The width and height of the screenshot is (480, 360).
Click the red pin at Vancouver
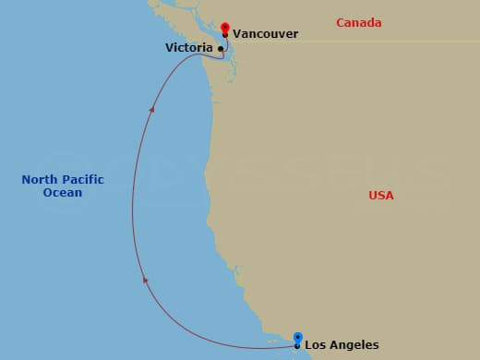point(225,27)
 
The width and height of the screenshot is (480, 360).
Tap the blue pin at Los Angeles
point(297,338)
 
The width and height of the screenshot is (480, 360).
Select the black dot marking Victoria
point(220,48)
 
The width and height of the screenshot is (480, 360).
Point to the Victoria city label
point(188,47)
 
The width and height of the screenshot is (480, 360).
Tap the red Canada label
point(359,21)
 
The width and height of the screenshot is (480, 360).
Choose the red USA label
point(380,195)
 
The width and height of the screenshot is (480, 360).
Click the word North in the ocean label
point(40,179)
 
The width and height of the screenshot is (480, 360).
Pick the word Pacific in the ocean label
point(82,179)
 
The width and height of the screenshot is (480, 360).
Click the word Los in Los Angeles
point(315,345)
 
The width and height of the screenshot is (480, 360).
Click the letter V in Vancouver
point(236,33)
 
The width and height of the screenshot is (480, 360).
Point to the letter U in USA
point(372,195)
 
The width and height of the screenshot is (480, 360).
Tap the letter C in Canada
point(340,21)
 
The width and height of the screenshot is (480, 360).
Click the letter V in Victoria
point(169,47)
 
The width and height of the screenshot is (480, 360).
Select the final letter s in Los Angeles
point(375,345)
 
